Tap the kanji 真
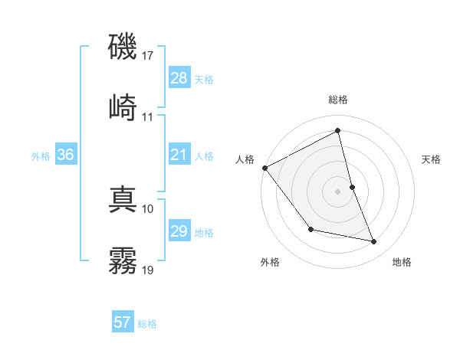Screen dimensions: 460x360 pos(123,198)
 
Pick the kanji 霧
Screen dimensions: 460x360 pos(123,260)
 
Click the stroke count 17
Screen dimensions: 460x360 pos(149,56)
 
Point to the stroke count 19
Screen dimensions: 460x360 pos(149,270)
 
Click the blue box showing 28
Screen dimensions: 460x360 pos(179,78)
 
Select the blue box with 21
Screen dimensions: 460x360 pos(179,155)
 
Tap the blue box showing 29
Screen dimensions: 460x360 pos(179,231)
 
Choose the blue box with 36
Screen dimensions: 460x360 pos(65,155)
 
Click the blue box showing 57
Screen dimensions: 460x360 pos(122,322)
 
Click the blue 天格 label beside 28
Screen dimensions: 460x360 pos(204,79)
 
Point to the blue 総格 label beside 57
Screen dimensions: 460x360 pos(147,323)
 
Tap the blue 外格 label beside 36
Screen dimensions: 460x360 pos(41,155)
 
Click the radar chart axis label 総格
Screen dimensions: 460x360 pos(337,100)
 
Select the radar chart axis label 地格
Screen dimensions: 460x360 pos(402,262)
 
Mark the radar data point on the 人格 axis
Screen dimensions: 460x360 pos(264,168)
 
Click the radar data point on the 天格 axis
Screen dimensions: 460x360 pos(352,186)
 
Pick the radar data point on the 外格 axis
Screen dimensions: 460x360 pos(310,229)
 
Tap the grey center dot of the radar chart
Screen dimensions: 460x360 pos(337,191)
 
